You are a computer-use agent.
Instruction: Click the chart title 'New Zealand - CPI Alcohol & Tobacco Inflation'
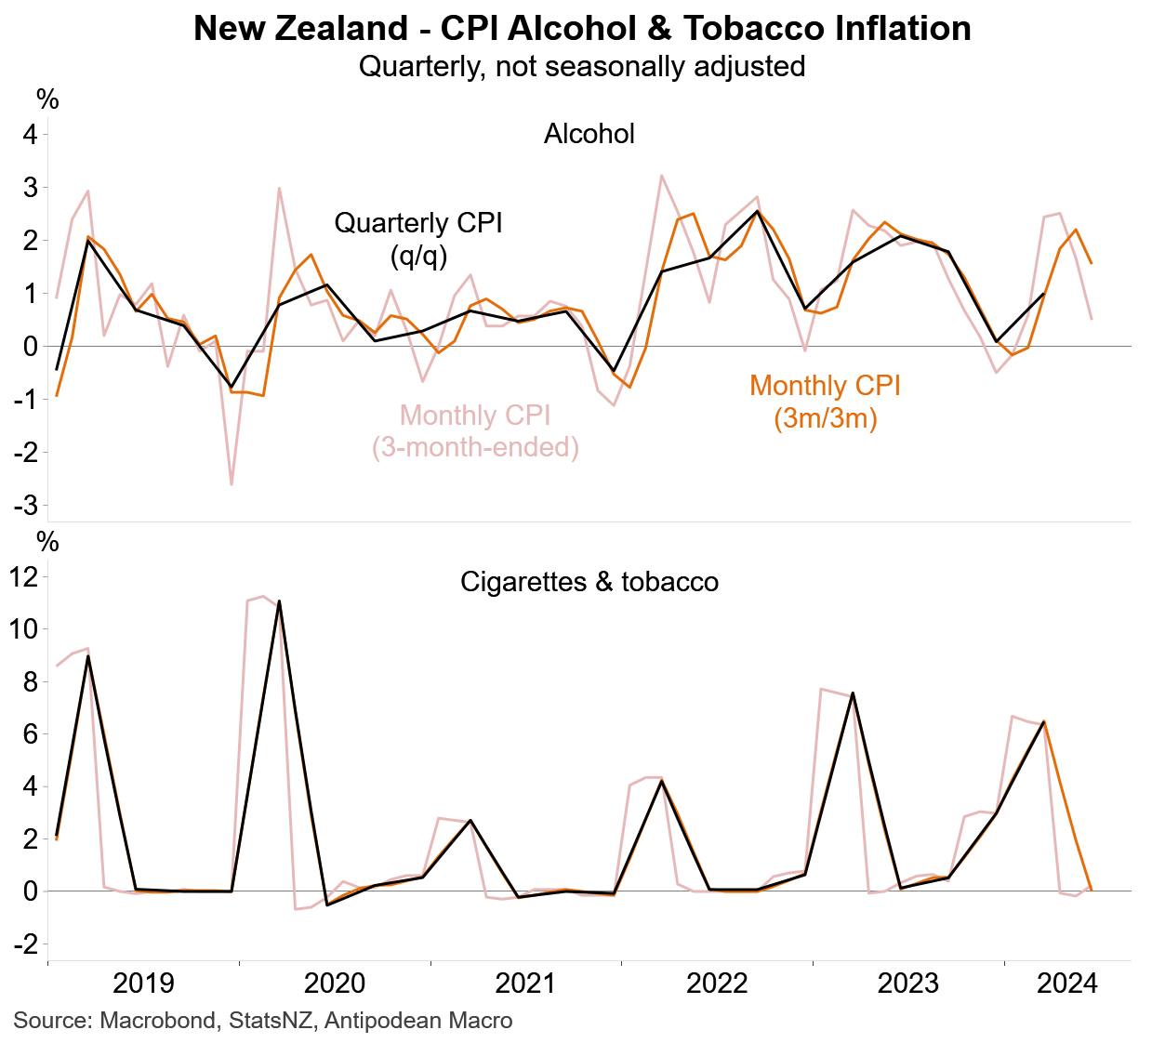click(x=582, y=29)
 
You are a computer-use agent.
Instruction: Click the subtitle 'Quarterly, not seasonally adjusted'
click(x=582, y=67)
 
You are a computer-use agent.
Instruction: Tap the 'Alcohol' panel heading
click(x=589, y=134)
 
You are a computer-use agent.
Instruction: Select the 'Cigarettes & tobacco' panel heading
click(x=589, y=583)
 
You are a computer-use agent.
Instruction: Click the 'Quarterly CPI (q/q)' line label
click(x=418, y=239)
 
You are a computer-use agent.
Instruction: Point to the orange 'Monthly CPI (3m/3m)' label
click(x=825, y=402)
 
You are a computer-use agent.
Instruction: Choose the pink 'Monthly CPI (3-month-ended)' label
click(x=475, y=431)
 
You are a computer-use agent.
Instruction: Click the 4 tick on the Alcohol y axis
click(x=30, y=135)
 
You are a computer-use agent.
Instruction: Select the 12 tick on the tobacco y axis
click(x=24, y=577)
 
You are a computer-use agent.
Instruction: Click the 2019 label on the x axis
click(x=143, y=983)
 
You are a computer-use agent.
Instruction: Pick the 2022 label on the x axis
click(x=717, y=983)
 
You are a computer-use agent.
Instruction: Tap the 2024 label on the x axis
click(x=1067, y=983)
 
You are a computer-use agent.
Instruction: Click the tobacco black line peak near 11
click(x=279, y=601)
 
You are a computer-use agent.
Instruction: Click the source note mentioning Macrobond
click(x=263, y=1021)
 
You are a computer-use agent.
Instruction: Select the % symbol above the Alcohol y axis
click(x=47, y=99)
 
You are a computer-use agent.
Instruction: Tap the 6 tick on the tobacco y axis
click(x=30, y=734)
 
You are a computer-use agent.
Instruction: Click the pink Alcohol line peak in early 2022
click(x=661, y=175)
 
